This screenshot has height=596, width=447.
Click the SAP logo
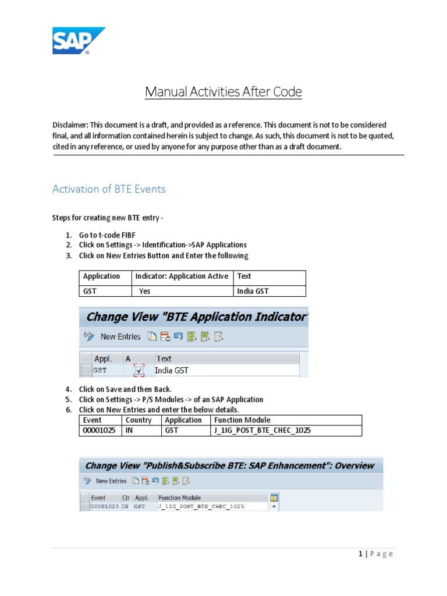pyautogui.click(x=79, y=41)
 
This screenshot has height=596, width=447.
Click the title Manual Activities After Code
pyautogui.click(x=223, y=91)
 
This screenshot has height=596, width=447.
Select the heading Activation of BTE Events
pyautogui.click(x=109, y=189)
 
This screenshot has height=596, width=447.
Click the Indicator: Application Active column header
pyautogui.click(x=182, y=276)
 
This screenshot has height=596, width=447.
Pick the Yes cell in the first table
pyautogui.click(x=144, y=291)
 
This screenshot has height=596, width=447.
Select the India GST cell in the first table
pyautogui.click(x=253, y=291)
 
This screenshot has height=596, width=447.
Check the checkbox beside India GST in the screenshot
pyautogui.click(x=139, y=370)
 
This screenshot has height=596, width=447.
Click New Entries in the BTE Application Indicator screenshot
pyautogui.click(x=120, y=336)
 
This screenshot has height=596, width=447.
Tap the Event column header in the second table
pyautogui.click(x=92, y=420)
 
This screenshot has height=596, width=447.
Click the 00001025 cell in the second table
pyautogui.click(x=100, y=431)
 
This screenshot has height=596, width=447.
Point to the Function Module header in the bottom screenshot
pyautogui.click(x=180, y=498)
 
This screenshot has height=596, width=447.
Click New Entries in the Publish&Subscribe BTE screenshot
pyautogui.click(x=111, y=481)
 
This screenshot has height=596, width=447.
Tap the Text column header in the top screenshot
pyautogui.click(x=164, y=359)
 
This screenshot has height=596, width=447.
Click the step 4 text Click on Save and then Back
pyautogui.click(x=125, y=389)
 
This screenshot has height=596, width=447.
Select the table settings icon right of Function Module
pyautogui.click(x=274, y=498)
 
